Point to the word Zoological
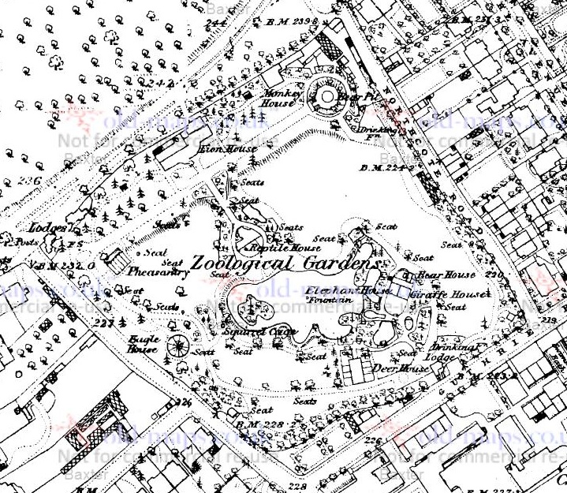click(240, 263)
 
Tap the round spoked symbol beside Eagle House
click(177, 345)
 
